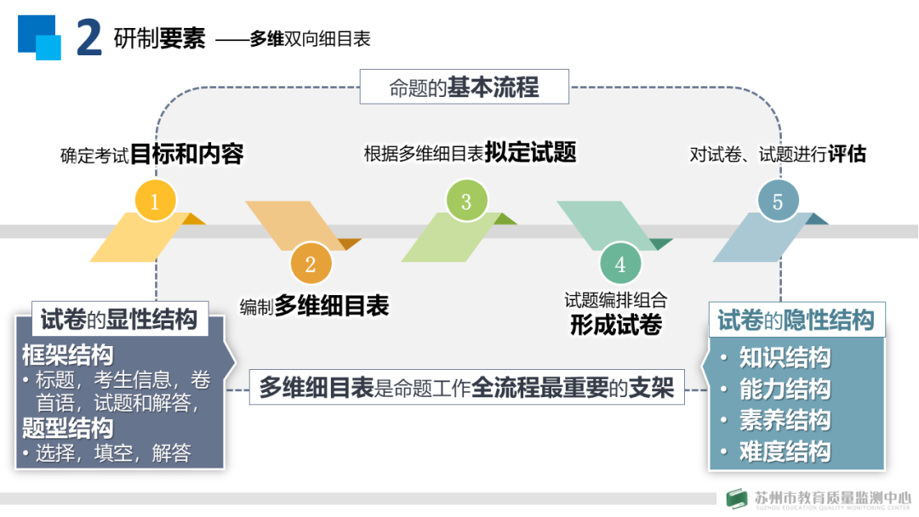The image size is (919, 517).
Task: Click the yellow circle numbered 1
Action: click(155, 202)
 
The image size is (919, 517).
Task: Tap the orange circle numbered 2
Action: click(311, 264)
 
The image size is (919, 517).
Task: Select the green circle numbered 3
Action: click(466, 202)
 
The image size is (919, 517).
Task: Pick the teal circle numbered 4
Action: click(620, 264)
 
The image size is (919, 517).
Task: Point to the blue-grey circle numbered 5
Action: click(777, 202)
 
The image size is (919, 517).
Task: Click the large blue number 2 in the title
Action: click(89, 39)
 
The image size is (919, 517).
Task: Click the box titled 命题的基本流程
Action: click(464, 87)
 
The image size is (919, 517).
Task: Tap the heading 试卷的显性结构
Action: click(118, 319)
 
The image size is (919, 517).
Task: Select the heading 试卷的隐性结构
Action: click(796, 320)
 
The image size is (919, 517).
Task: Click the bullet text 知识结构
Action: click(784, 358)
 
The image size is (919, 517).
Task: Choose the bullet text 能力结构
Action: click(784, 389)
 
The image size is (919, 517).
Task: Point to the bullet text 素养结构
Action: click(784, 420)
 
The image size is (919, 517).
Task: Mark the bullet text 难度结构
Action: click(784, 451)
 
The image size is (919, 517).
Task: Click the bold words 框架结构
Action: click(67, 354)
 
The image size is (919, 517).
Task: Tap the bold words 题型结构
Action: click(67, 427)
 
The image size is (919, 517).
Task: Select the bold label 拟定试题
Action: click(530, 153)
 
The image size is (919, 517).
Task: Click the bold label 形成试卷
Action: click(616, 325)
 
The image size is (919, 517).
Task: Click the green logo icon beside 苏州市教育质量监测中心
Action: click(737, 500)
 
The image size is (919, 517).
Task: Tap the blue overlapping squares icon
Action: click(40, 37)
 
